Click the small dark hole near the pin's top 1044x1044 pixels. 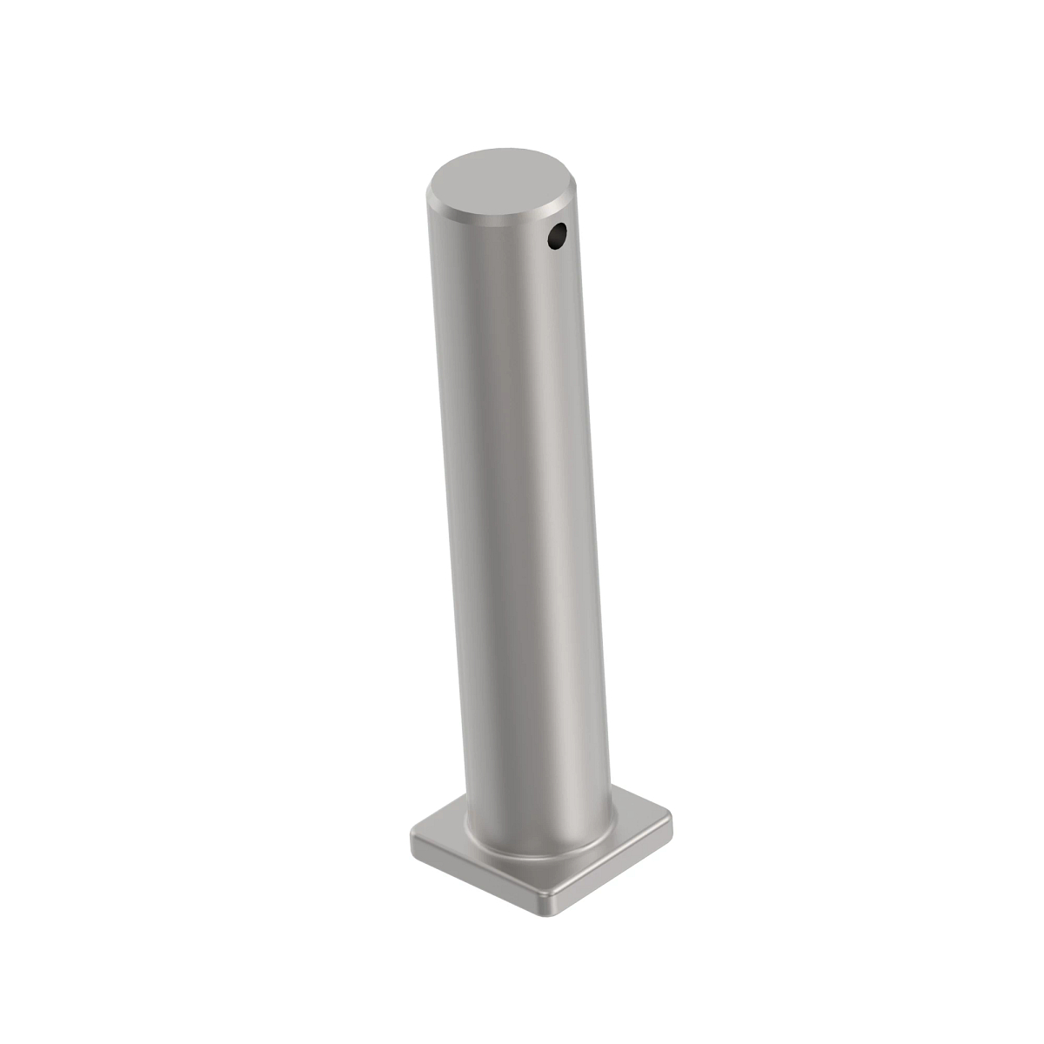(557, 235)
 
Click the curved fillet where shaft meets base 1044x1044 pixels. (539, 851)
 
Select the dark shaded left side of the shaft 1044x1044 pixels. (457, 522)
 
